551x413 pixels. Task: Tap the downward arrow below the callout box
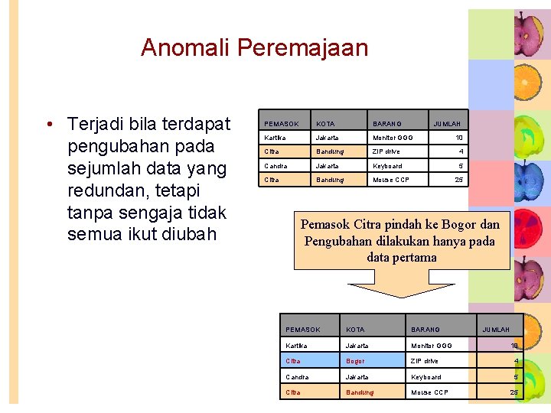(401, 290)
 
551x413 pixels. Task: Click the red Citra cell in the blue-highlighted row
(293, 361)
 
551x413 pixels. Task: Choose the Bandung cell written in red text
(360, 393)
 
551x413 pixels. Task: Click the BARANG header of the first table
(387, 124)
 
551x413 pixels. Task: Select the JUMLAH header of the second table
(495, 330)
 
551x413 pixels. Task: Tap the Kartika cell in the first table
(275, 138)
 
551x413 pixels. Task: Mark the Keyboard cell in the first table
(387, 166)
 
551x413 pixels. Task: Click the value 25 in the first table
(458, 180)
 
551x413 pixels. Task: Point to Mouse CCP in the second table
(429, 393)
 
